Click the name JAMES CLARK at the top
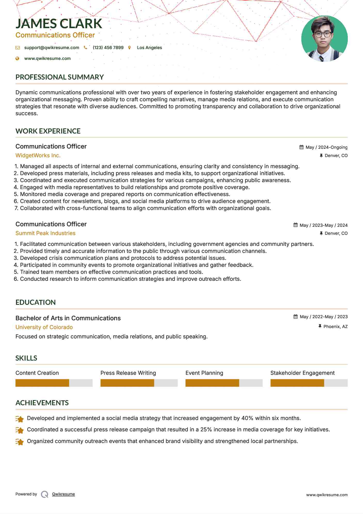[x=59, y=24]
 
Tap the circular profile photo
[x=324, y=39]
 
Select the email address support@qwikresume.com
[x=52, y=48]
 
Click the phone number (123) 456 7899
[x=108, y=48]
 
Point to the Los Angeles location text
[x=149, y=48]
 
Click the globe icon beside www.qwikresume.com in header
[x=18, y=59]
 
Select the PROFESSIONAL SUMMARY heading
[x=60, y=77]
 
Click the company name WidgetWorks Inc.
[x=38, y=155]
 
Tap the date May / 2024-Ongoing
[x=326, y=147]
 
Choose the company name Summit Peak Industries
[x=45, y=233]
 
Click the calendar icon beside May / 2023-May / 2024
[x=296, y=225]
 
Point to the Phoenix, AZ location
[x=335, y=327]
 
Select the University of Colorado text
[x=44, y=327]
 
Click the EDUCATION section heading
[x=36, y=302]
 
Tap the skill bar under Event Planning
[x=224, y=383]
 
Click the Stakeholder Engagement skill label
[x=302, y=373]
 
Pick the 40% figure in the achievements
[x=247, y=418]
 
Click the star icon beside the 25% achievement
[x=20, y=430]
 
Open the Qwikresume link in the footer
[x=63, y=494]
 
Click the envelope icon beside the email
[x=18, y=48]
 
